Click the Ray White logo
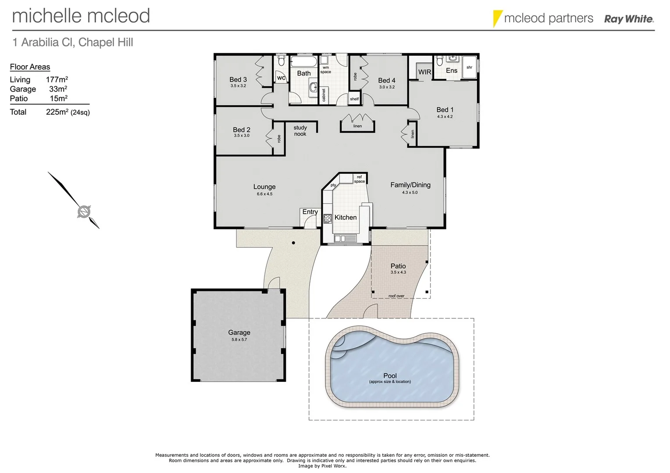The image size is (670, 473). (628, 19)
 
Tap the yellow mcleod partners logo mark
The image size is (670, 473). (497, 18)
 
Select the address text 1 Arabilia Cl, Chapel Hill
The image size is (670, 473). (73, 42)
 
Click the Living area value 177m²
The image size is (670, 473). (57, 80)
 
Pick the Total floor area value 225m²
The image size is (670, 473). (57, 112)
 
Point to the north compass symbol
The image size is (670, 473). (84, 212)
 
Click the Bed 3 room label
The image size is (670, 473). (238, 80)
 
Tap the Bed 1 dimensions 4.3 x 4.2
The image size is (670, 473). (445, 117)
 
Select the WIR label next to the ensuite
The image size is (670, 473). (424, 72)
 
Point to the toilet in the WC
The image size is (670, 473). (281, 62)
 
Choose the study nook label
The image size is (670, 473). (300, 131)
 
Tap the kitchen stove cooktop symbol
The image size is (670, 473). (328, 219)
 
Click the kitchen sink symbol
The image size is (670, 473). (346, 239)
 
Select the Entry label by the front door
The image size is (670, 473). (310, 212)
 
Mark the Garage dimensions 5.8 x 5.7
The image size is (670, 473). (239, 339)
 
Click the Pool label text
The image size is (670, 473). (390, 376)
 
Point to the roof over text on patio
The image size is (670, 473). (396, 296)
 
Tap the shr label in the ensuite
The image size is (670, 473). (469, 67)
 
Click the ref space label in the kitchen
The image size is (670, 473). (359, 179)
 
